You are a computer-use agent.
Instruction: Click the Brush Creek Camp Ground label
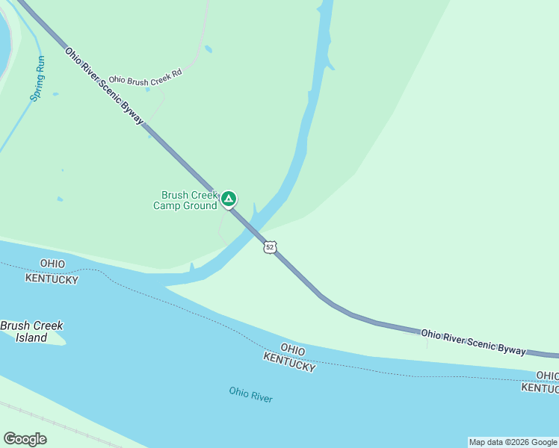pos(185,200)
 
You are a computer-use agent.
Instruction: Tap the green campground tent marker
pos(229,199)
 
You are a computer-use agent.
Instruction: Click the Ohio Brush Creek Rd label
pos(145,78)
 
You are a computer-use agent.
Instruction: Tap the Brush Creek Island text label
pos(31,332)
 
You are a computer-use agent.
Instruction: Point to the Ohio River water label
pos(251,394)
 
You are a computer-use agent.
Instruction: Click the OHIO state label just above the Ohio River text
pos(293,349)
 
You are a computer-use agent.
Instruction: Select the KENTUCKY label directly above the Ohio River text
pos(288,362)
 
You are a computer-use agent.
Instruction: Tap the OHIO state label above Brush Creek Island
pos(52,264)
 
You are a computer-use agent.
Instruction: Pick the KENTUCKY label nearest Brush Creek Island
pos(52,278)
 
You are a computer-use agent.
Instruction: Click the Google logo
pos(25,439)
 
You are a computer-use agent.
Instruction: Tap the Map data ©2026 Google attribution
pos(513,442)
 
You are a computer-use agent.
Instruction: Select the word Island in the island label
pos(31,337)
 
